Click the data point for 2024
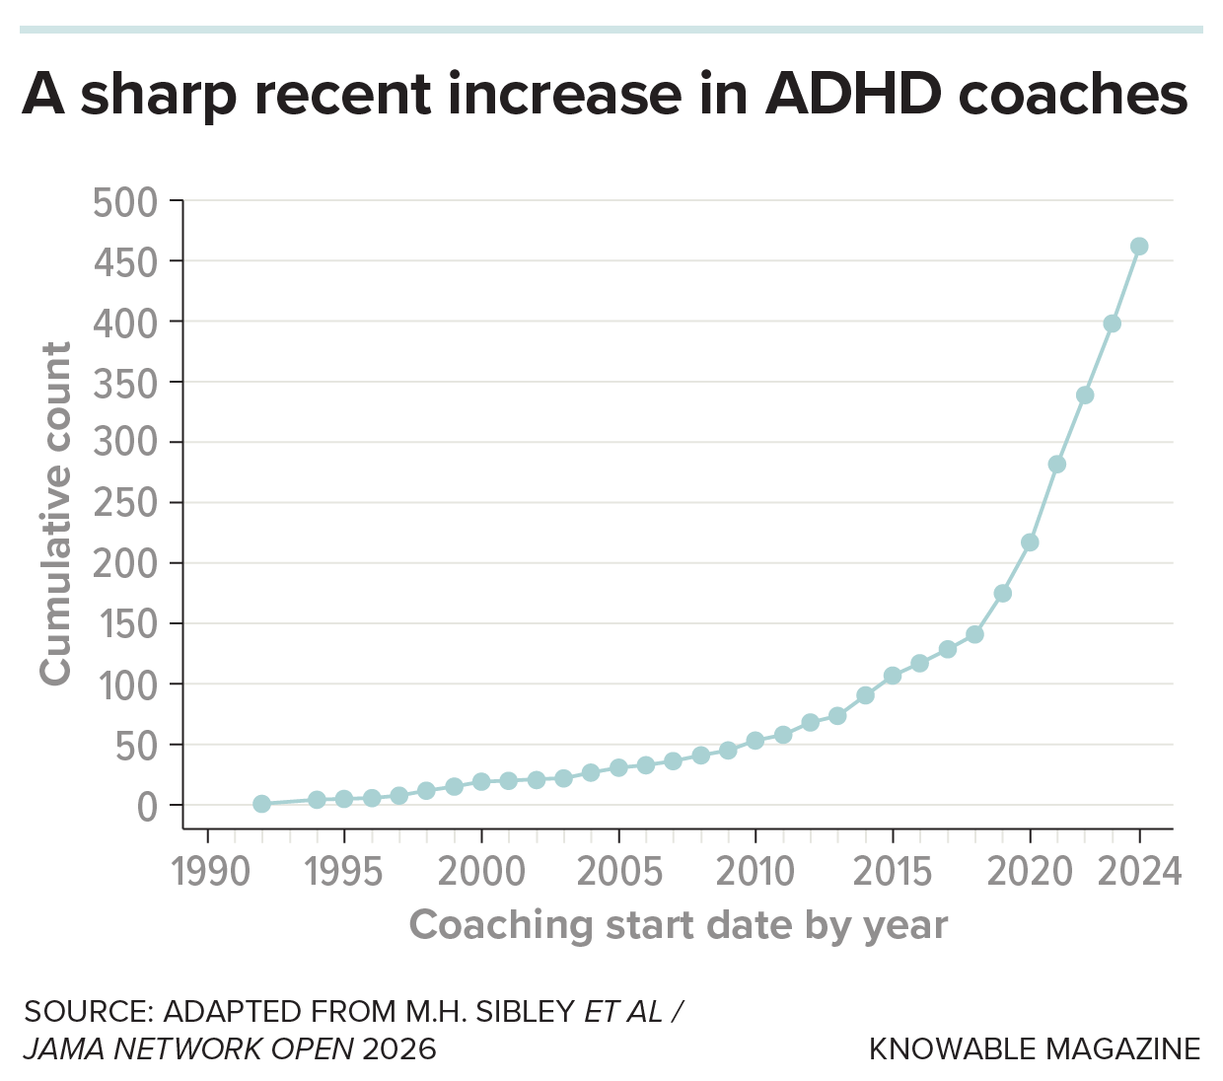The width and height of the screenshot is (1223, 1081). (1139, 247)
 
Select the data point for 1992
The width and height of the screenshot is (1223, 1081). (261, 804)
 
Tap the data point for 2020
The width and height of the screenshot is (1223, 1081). (1030, 542)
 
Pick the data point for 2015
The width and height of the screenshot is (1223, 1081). (893, 676)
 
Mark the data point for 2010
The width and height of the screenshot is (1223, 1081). (755, 741)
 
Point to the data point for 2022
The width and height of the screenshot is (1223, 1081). (1085, 396)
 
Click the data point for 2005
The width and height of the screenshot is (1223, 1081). (618, 767)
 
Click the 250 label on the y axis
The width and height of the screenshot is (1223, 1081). (125, 503)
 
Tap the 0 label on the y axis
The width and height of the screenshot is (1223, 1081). (147, 807)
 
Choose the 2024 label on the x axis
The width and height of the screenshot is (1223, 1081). (1139, 872)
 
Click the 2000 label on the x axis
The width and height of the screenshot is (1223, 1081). (481, 872)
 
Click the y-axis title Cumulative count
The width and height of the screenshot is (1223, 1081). (56, 513)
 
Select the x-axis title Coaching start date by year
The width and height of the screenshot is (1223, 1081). (679, 925)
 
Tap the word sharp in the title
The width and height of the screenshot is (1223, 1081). (159, 94)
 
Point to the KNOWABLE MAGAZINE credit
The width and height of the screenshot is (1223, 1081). (1035, 1048)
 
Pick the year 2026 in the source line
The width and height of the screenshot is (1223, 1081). (399, 1048)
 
